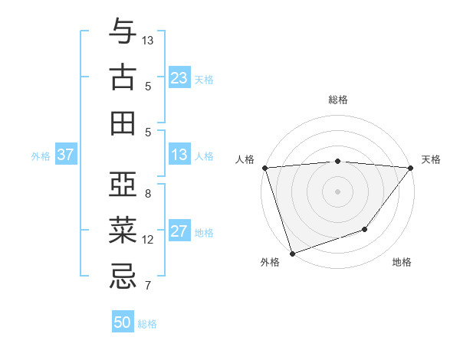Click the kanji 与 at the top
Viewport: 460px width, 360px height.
[x=123, y=33]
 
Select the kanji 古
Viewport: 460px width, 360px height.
[x=123, y=78]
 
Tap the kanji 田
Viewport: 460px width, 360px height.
[x=123, y=123]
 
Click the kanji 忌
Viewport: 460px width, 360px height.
[x=123, y=274]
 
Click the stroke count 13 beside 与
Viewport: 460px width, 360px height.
[x=148, y=40]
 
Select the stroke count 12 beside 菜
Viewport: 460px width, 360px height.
[x=148, y=240]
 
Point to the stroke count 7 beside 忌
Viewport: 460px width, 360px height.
[x=148, y=286]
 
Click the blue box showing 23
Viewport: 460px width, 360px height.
[x=179, y=78]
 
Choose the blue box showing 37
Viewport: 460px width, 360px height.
[x=65, y=155]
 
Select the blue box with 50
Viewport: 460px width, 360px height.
[x=123, y=322]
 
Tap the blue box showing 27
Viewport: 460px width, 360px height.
[x=179, y=232]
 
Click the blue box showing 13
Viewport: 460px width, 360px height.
[x=179, y=155]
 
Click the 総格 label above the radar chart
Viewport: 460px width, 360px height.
[x=338, y=100]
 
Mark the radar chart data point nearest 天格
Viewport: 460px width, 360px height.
[x=410, y=168]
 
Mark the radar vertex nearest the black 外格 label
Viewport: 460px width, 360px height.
[x=292, y=253]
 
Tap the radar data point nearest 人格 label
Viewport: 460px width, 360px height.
[x=264, y=168]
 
